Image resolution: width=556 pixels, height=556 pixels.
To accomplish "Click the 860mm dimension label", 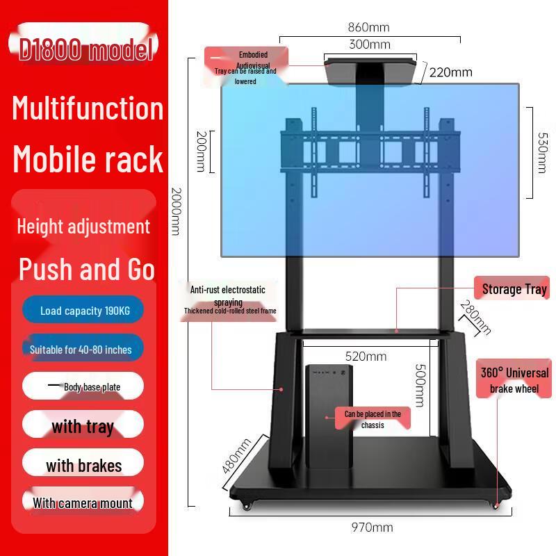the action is coord(368,27).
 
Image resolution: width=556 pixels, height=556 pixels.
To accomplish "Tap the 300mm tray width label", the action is coord(370,44).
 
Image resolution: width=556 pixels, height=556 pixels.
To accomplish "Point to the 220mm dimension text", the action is coord(450,72).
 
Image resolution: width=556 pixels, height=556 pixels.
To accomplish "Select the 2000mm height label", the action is coord(177,212).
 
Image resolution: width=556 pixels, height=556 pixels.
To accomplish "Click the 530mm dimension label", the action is coord(543,153).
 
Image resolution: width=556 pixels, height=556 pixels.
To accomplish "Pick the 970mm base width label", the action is coord(372,528).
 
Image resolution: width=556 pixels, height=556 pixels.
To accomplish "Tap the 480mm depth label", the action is coord(236,456).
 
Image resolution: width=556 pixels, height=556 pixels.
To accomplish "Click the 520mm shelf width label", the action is coord(366,357).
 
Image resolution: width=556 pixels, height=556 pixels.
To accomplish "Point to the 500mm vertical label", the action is coord(420,386).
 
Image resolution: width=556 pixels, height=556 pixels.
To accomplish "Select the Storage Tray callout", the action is coord(512,288).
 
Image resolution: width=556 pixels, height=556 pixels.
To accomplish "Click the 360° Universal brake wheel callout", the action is coord(514,379).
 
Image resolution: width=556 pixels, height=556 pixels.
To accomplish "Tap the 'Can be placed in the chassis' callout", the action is coord(373,419).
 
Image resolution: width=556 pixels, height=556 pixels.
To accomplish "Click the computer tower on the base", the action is coord(329,416).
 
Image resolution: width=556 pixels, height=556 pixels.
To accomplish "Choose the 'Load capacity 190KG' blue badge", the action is coord(83,310).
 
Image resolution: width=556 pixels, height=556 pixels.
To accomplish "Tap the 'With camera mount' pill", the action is coord(83,502).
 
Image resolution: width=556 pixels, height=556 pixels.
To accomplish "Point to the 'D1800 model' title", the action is coord(85,48).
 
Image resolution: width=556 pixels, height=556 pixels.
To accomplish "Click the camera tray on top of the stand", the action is coord(370,73).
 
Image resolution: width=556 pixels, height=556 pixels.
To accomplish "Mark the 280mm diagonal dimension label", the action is coord(475,318).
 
